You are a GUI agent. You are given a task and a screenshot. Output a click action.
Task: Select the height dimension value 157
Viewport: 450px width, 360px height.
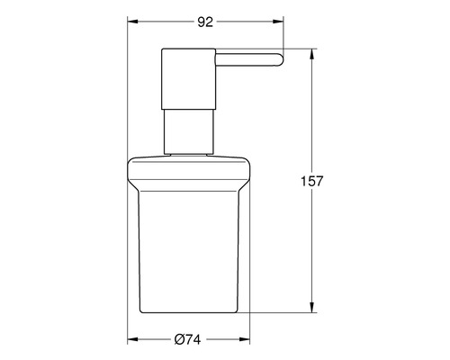coord(331,181)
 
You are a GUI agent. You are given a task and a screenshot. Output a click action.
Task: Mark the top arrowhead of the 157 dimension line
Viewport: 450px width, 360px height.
coord(311,52)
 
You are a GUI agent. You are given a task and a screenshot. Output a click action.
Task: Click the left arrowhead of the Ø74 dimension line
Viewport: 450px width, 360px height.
coord(130,340)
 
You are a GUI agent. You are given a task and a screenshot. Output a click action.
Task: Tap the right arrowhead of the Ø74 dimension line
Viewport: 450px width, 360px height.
coord(249,340)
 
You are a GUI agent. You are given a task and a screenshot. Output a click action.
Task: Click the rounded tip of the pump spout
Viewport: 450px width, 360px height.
coord(280,61)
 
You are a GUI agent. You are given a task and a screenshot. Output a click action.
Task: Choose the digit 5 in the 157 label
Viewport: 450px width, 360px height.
coord(331,181)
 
